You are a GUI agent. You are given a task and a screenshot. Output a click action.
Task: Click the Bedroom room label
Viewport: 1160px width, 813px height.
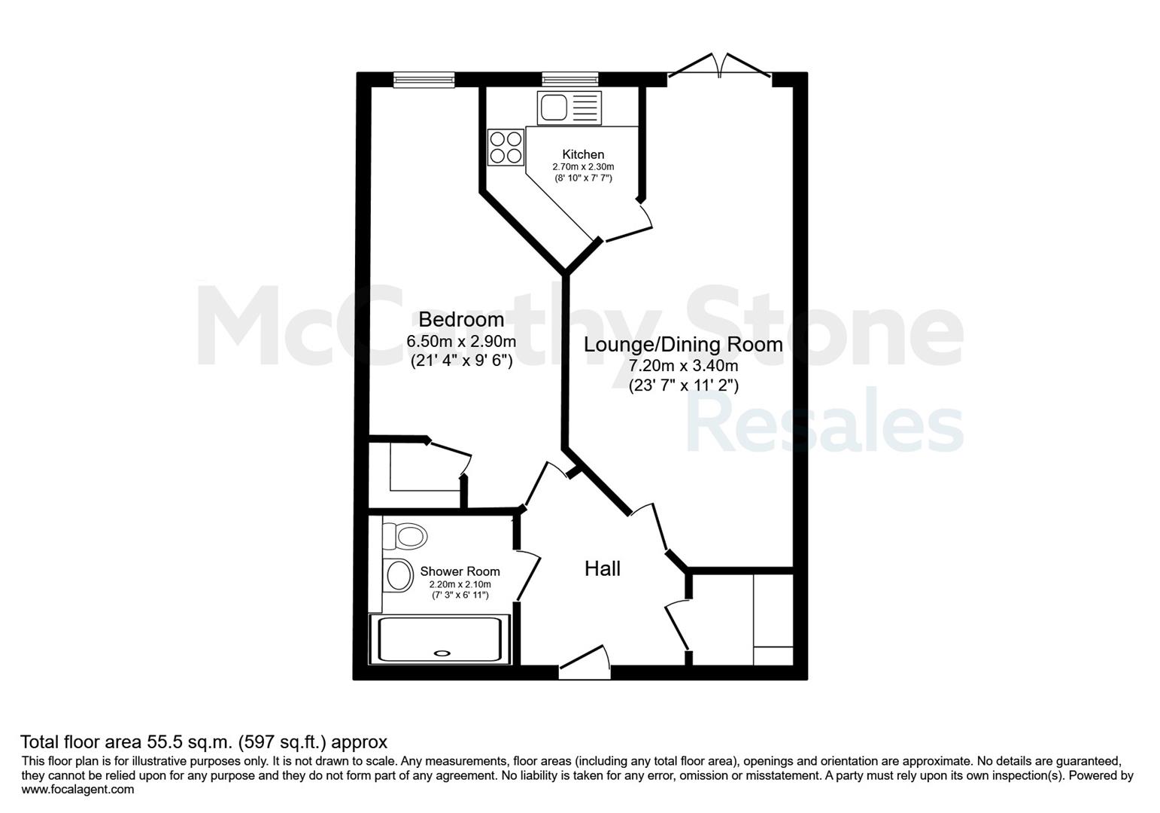tap(461, 320)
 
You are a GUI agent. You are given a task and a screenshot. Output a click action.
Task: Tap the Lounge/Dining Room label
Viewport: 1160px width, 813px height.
tap(683, 345)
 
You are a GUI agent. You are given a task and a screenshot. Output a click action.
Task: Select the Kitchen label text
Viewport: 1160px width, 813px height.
tap(583, 154)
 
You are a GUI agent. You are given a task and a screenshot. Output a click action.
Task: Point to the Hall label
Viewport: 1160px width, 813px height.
tap(603, 569)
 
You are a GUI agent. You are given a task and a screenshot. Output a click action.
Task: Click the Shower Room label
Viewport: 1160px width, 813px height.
tap(460, 571)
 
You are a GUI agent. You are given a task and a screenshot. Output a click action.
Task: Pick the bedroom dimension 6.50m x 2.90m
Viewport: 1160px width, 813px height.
tap(461, 342)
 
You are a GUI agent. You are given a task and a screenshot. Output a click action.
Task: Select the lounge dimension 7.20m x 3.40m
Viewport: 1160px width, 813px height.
tap(683, 366)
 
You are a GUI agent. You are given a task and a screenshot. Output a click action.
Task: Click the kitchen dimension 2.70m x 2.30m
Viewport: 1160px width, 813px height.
tap(583, 167)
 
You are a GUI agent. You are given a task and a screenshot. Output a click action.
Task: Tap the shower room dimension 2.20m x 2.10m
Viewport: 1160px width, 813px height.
tap(460, 584)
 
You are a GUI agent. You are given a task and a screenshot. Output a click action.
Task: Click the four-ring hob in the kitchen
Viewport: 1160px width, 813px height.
tap(506, 147)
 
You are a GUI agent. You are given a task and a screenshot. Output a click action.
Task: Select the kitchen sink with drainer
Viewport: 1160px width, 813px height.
tap(569, 108)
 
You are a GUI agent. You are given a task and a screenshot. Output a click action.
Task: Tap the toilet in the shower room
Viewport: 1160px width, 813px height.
tap(405, 536)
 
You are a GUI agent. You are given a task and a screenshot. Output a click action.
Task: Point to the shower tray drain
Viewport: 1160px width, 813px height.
tap(442, 653)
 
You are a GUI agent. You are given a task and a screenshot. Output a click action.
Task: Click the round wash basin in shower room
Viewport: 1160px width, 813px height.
tap(399, 576)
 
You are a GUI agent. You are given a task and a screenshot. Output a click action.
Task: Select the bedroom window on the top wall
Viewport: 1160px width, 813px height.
tap(424, 79)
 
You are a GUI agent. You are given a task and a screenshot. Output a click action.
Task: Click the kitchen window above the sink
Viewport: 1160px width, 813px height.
tap(570, 79)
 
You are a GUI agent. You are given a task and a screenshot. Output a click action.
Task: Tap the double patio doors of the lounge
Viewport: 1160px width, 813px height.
tap(720, 66)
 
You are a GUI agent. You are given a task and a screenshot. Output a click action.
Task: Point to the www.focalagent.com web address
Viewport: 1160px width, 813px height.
tap(77, 790)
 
